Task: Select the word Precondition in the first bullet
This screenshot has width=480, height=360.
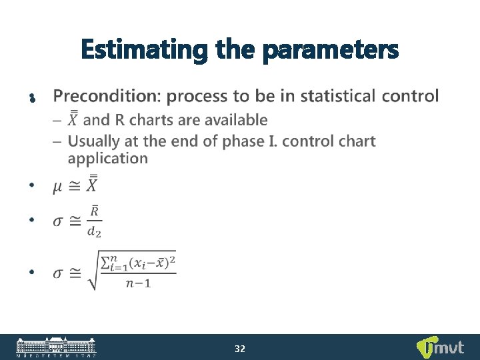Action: coord(106,97)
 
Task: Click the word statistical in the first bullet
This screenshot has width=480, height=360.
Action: coord(338,96)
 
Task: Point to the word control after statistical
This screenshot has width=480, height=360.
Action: coord(411,96)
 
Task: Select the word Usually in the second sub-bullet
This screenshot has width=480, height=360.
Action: coord(94,141)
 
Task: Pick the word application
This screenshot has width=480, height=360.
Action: coord(108,159)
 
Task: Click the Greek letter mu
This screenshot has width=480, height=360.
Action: coord(59,186)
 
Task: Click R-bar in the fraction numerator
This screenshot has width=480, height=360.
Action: coord(95,211)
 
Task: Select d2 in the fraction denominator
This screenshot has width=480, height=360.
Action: coord(95,231)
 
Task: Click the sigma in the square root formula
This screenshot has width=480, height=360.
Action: coord(59,273)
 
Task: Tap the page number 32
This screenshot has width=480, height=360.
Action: coord(240,348)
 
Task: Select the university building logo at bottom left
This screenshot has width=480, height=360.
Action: coord(56,347)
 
